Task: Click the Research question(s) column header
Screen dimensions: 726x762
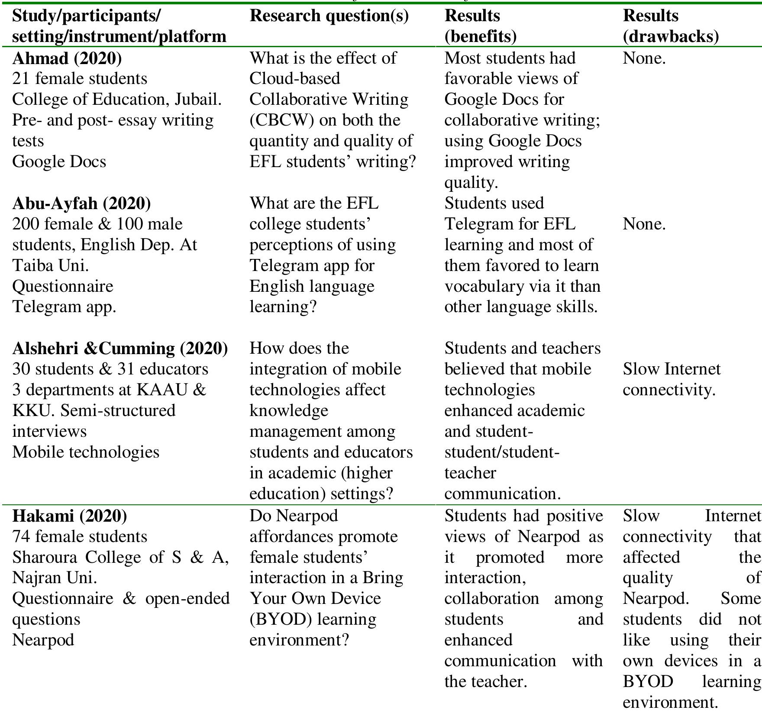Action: [x=329, y=16]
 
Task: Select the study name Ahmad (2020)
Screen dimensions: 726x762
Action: [x=67, y=58]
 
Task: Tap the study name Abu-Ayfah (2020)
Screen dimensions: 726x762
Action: [x=81, y=203]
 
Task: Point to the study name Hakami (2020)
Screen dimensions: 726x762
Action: [x=69, y=516]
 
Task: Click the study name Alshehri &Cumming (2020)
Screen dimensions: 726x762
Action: [x=120, y=348]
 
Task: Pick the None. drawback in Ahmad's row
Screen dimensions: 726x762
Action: [x=644, y=58]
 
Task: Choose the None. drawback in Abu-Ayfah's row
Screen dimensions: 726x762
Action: [x=644, y=224]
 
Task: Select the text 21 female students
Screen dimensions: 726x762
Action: [x=80, y=78]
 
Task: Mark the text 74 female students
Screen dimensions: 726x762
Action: [x=80, y=536]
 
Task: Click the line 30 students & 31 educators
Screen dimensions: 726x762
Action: [x=110, y=369]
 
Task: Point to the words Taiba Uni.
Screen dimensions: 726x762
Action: [x=50, y=265]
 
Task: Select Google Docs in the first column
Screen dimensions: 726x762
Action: [x=59, y=161]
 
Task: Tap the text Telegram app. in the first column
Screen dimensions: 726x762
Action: [x=64, y=307]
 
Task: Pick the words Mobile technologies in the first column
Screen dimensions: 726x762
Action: [x=86, y=452]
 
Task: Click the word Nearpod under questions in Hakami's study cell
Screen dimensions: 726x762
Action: [x=43, y=640]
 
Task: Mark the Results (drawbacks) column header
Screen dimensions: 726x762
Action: [x=670, y=26]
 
